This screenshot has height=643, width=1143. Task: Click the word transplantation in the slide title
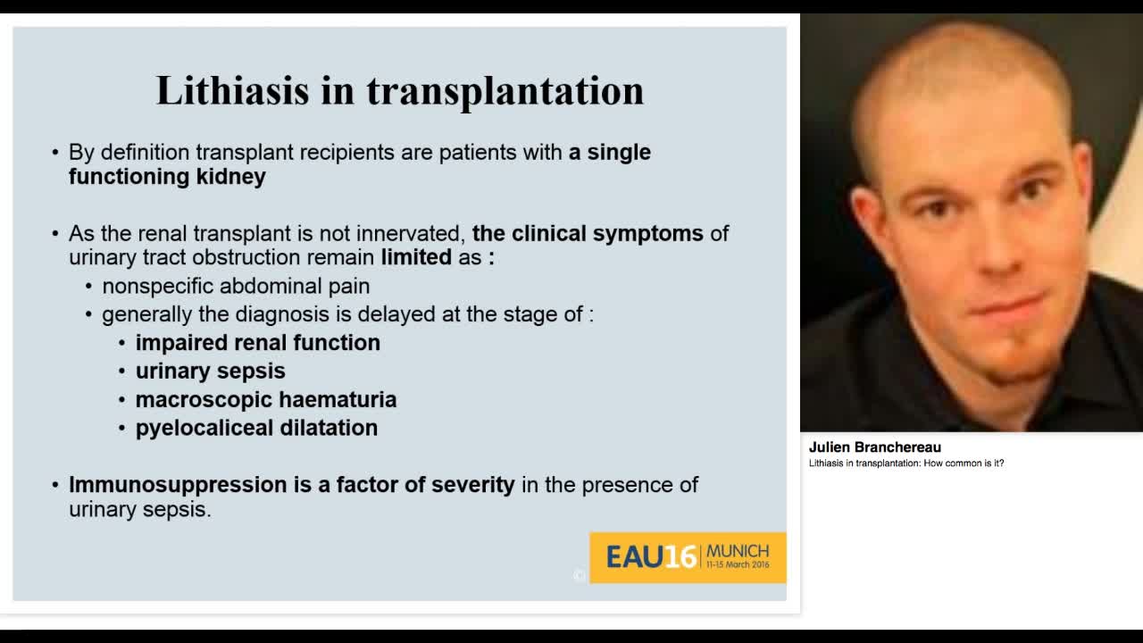pos(505,91)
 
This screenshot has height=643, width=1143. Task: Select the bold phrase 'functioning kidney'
pos(167,177)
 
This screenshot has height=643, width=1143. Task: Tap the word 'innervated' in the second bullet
pos(410,234)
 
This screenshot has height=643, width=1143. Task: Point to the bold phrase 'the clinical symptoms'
pos(588,234)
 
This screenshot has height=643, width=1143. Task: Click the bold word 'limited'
pos(416,258)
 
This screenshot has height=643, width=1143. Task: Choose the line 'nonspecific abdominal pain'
pos(236,287)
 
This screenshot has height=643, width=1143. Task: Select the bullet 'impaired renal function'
pos(257,343)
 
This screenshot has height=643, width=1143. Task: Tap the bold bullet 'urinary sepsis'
pos(210,372)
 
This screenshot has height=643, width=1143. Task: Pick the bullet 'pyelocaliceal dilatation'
pos(256,429)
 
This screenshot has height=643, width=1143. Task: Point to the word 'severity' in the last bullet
pos(472,485)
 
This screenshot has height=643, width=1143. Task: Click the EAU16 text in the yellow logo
pos(650,557)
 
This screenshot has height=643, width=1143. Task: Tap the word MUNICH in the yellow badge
pos(737,551)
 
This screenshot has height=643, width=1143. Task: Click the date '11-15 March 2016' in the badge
pos(737,565)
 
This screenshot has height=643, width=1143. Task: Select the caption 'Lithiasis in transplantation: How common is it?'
pos(906,463)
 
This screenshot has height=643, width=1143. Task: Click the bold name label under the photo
pos(874,447)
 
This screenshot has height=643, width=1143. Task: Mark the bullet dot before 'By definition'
pos(55,154)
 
